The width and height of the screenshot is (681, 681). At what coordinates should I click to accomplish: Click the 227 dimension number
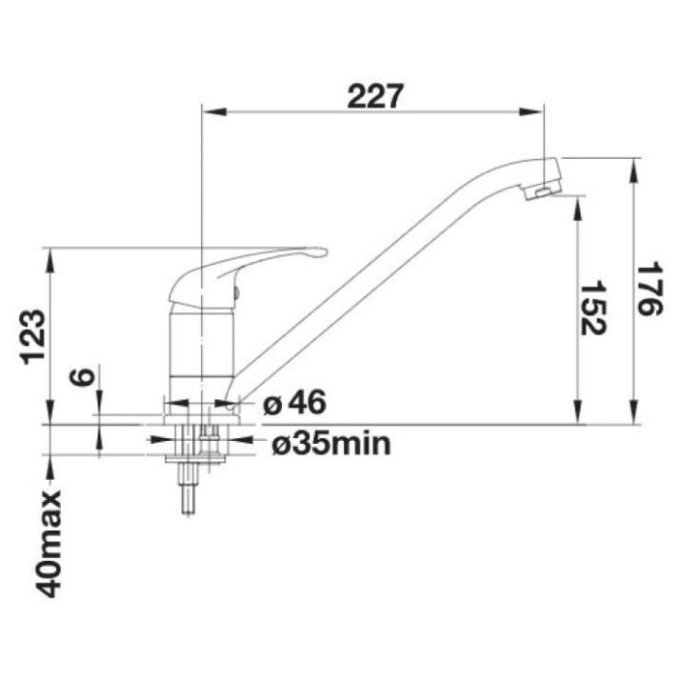(x=375, y=96)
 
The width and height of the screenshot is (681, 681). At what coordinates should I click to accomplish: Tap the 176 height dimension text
(x=650, y=289)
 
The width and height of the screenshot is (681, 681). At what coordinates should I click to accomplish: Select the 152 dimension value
(x=593, y=309)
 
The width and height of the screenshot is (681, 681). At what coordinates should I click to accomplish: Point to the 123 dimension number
(x=34, y=337)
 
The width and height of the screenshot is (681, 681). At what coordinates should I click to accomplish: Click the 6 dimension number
(x=82, y=376)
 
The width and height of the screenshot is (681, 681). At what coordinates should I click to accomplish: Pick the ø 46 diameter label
(x=294, y=402)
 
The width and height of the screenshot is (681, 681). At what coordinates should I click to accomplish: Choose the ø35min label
(x=331, y=444)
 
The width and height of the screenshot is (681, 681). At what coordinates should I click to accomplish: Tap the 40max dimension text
(x=48, y=544)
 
